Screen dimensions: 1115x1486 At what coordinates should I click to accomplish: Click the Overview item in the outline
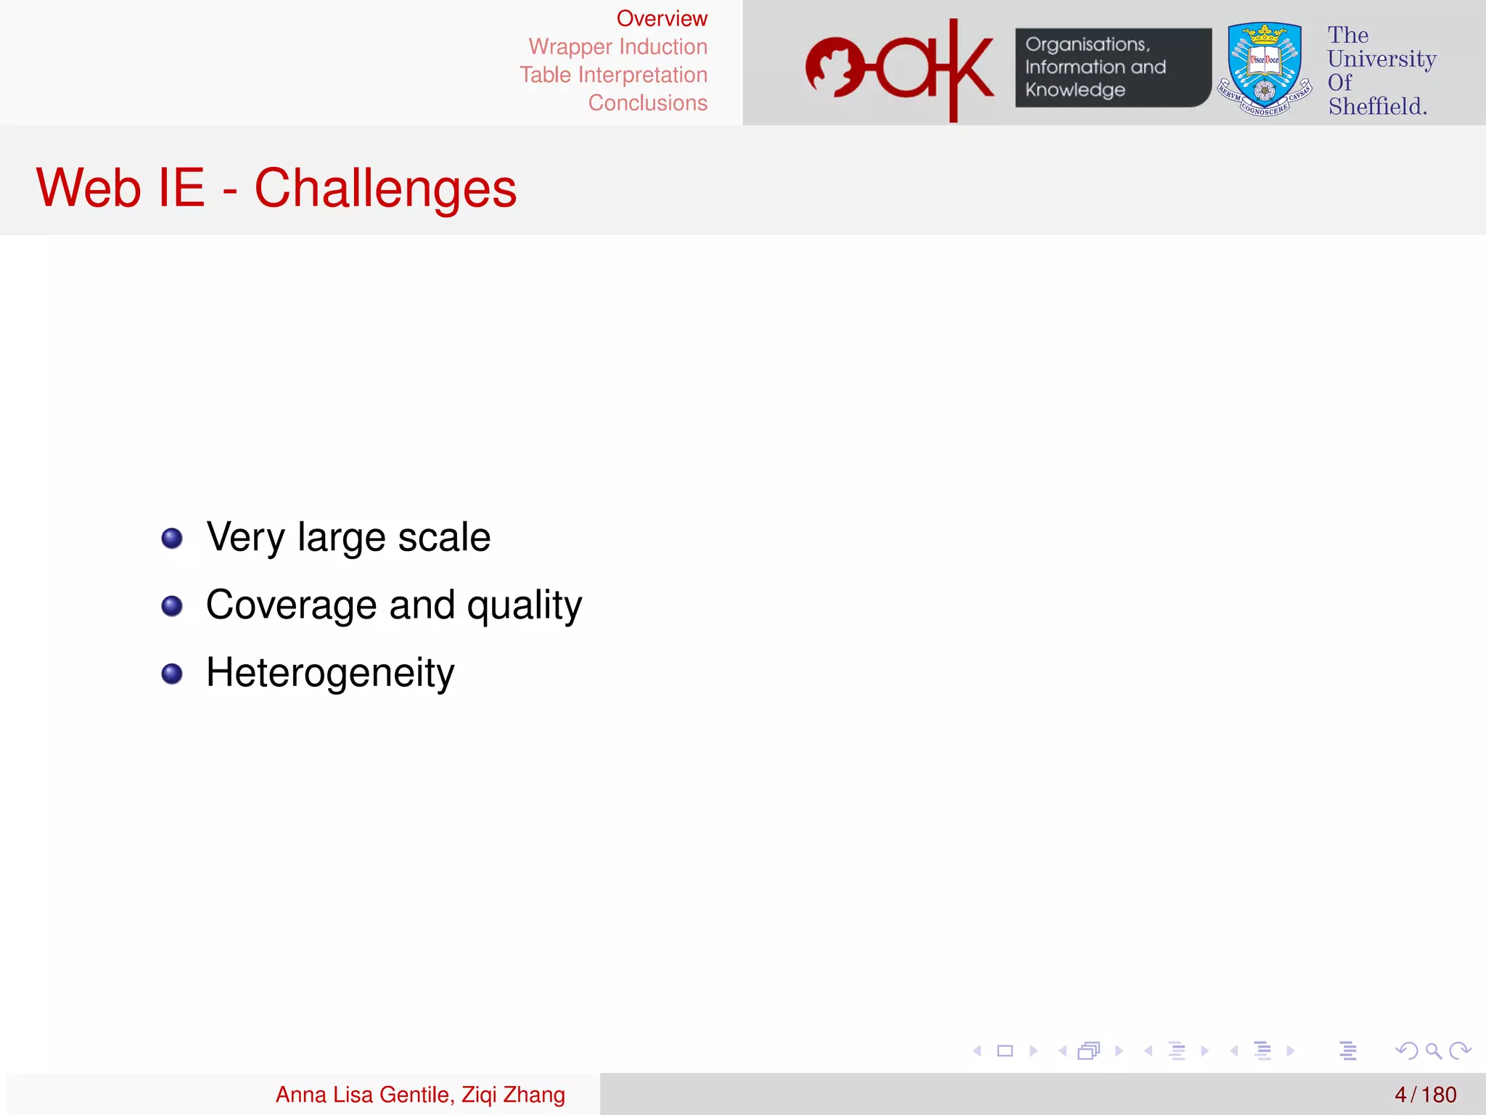click(661, 19)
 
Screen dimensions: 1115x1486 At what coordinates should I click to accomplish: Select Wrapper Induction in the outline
click(617, 47)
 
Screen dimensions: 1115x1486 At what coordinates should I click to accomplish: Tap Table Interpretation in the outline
click(613, 75)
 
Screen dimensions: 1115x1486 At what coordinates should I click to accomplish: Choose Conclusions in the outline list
click(647, 103)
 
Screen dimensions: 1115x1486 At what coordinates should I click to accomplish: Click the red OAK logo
click(900, 69)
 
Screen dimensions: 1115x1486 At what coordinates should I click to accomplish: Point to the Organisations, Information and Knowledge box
click(1112, 68)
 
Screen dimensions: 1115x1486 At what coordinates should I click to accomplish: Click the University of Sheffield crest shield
click(1264, 69)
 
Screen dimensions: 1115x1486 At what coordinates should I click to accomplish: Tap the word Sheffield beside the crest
click(1377, 107)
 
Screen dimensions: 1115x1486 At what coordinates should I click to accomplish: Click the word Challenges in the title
click(385, 189)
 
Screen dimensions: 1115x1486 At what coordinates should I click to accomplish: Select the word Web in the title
click(88, 189)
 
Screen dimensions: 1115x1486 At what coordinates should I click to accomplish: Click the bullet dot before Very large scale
click(172, 539)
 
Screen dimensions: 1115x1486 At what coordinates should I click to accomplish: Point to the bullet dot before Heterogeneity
click(172, 674)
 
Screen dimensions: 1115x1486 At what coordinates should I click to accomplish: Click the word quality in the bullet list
click(524, 605)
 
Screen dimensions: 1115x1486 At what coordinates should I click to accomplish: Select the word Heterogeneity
click(330, 673)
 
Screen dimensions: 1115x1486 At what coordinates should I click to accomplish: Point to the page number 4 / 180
click(1424, 1095)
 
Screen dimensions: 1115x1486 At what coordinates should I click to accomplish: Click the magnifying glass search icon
click(1433, 1050)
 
